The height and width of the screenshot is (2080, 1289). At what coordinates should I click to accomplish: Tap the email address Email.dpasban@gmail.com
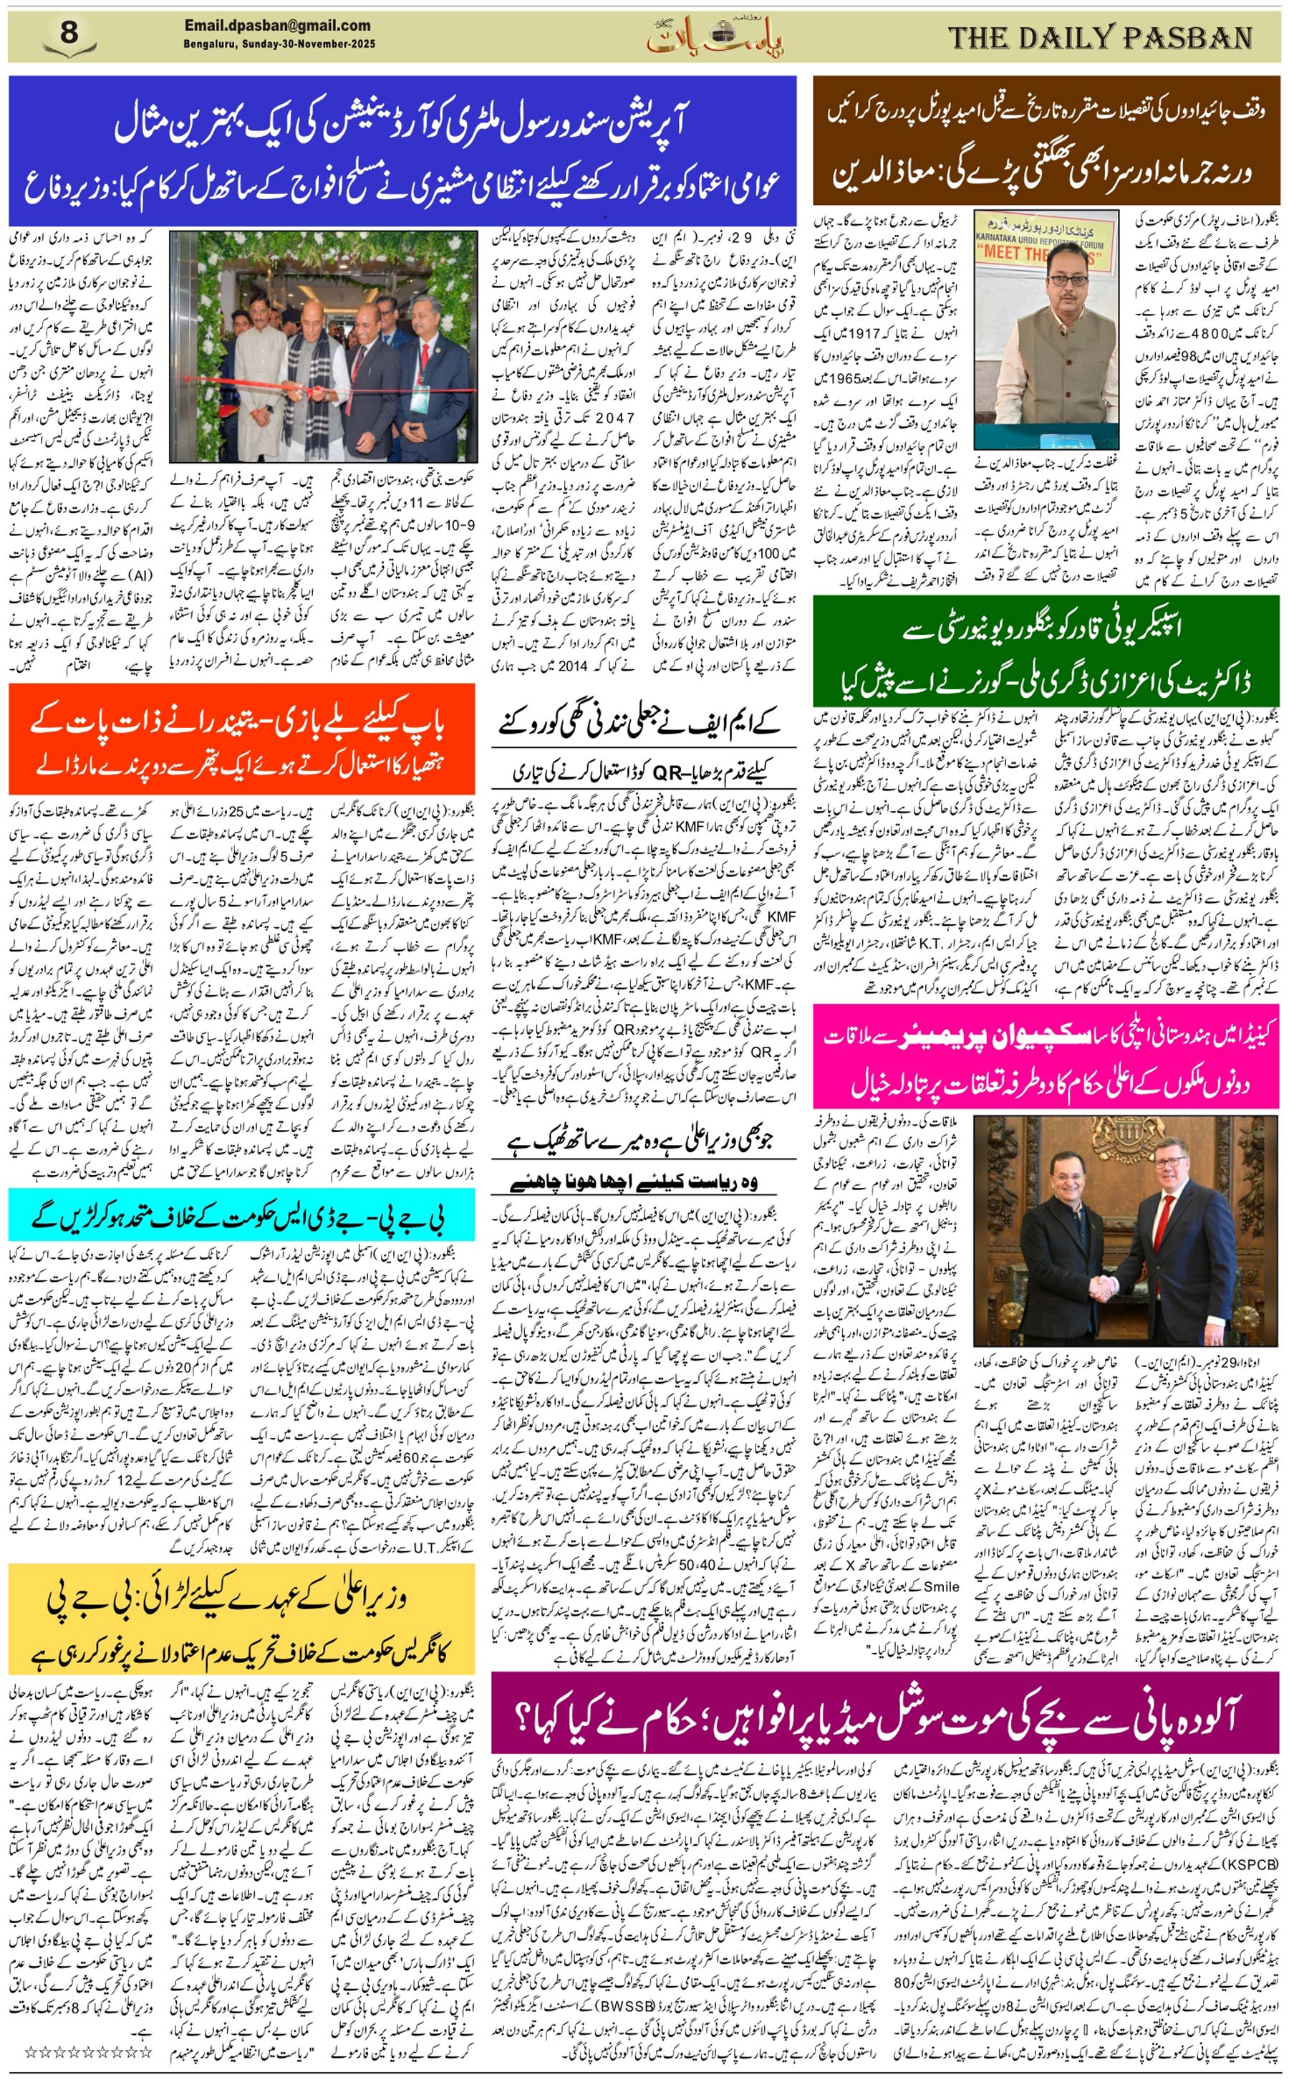point(277,27)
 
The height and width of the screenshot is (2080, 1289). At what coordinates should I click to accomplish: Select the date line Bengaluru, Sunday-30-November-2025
point(279,44)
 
